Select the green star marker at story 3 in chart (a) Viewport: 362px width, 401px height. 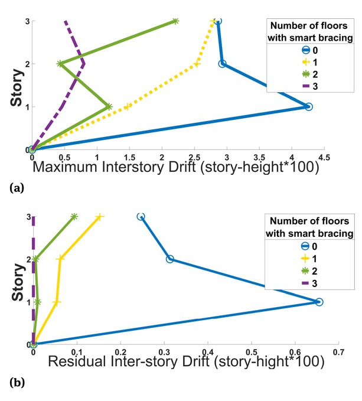pos(175,21)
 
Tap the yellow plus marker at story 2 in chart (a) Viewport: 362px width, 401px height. pos(197,64)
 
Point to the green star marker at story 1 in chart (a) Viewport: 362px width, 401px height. pos(109,107)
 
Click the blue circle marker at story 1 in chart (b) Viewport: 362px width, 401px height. pos(319,302)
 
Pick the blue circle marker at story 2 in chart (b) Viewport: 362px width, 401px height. pos(170,259)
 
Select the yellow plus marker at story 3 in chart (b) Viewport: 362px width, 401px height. pos(100,217)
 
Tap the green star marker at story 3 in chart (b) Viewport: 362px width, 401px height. pos(74,217)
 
